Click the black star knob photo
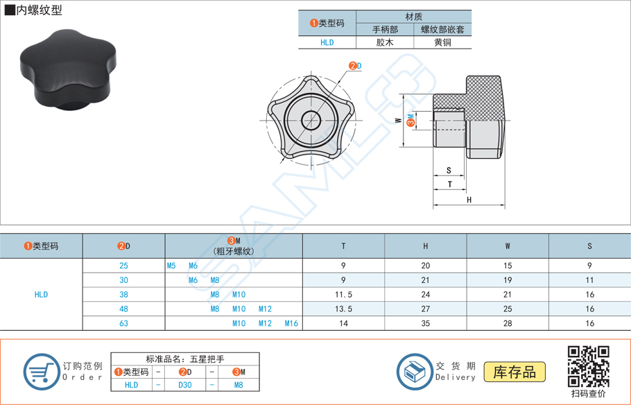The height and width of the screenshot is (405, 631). tap(70, 70)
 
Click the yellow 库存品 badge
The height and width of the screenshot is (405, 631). tap(515, 372)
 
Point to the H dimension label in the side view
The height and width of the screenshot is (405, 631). tap(469, 200)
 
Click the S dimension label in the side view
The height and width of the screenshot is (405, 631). tap(449, 171)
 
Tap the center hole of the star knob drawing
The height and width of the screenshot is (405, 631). tap(311, 120)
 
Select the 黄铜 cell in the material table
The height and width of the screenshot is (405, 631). tap(442, 42)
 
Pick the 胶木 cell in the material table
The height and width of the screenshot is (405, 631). tap(385, 42)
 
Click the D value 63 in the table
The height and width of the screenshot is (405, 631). tap(123, 323)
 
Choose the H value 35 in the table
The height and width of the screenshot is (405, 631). tap(426, 323)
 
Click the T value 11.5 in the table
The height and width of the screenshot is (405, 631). tap(344, 295)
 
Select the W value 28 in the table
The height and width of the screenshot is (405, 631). tap(508, 323)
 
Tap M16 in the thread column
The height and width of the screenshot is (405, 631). tap(291, 323)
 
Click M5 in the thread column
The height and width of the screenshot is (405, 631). tap(171, 266)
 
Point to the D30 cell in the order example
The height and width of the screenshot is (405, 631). tap(184, 385)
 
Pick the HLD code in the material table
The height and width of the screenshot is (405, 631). tap(327, 42)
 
